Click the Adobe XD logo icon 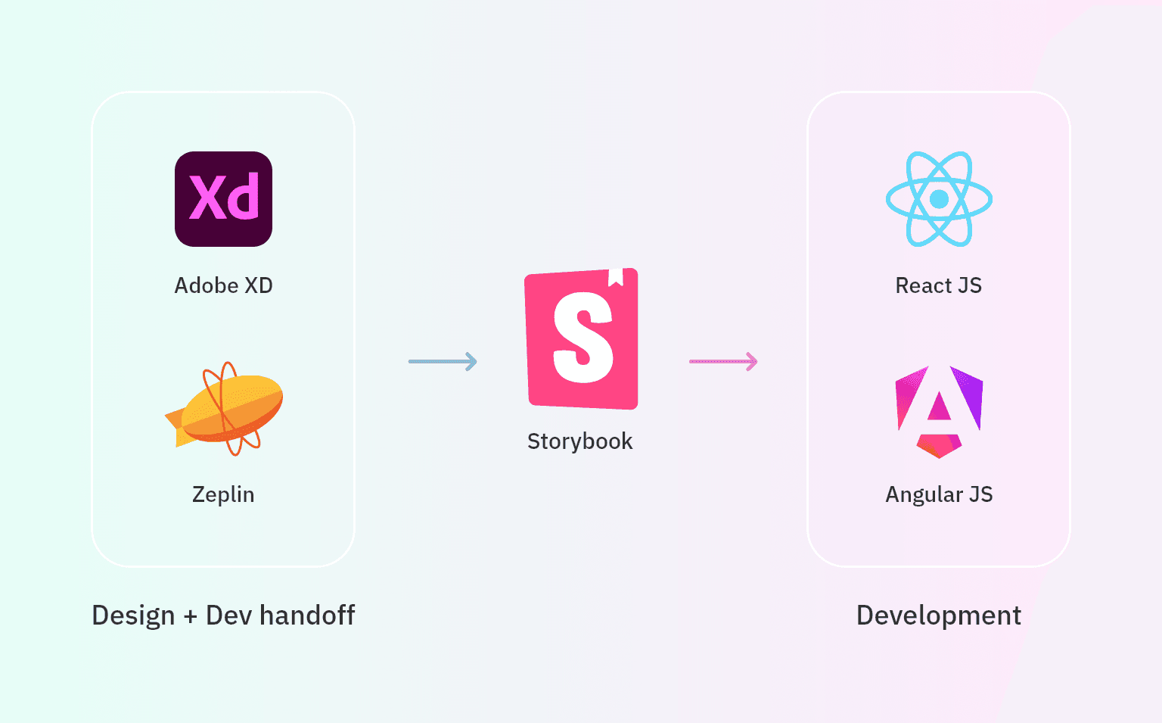(x=223, y=199)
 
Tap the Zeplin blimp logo (x=227, y=409)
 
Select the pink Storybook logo (x=582, y=339)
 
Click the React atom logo (x=939, y=199)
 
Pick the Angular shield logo (x=939, y=411)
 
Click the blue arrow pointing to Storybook (x=443, y=361)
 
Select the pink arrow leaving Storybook (x=723, y=361)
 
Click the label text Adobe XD (x=223, y=285)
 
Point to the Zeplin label (x=223, y=494)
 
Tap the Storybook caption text (x=579, y=441)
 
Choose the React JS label (x=939, y=285)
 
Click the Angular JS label (x=939, y=494)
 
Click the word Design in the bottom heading (x=133, y=615)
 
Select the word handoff (x=307, y=615)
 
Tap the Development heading (x=939, y=615)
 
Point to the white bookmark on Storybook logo (x=616, y=276)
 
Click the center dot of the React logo (x=939, y=199)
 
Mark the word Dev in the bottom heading (x=228, y=615)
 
